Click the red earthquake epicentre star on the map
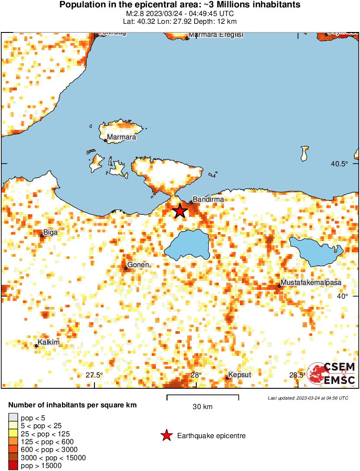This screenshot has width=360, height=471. (x=180, y=211)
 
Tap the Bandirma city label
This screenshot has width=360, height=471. (x=208, y=200)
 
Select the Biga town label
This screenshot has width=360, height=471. (x=50, y=232)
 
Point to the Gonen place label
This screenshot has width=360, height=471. (x=138, y=265)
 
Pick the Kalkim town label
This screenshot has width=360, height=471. (x=49, y=343)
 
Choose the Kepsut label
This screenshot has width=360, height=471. (x=240, y=374)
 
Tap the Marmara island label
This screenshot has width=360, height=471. (x=121, y=137)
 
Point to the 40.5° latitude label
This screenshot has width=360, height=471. (x=340, y=164)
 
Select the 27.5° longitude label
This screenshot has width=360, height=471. (x=94, y=375)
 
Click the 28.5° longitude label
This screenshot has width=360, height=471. (x=297, y=375)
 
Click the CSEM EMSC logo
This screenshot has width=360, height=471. (x=331, y=374)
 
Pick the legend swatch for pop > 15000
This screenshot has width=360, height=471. (x=13, y=466)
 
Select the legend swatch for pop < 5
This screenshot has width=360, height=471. (x=13, y=418)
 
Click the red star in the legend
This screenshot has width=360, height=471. (x=166, y=436)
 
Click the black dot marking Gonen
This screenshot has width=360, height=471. (x=126, y=268)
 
